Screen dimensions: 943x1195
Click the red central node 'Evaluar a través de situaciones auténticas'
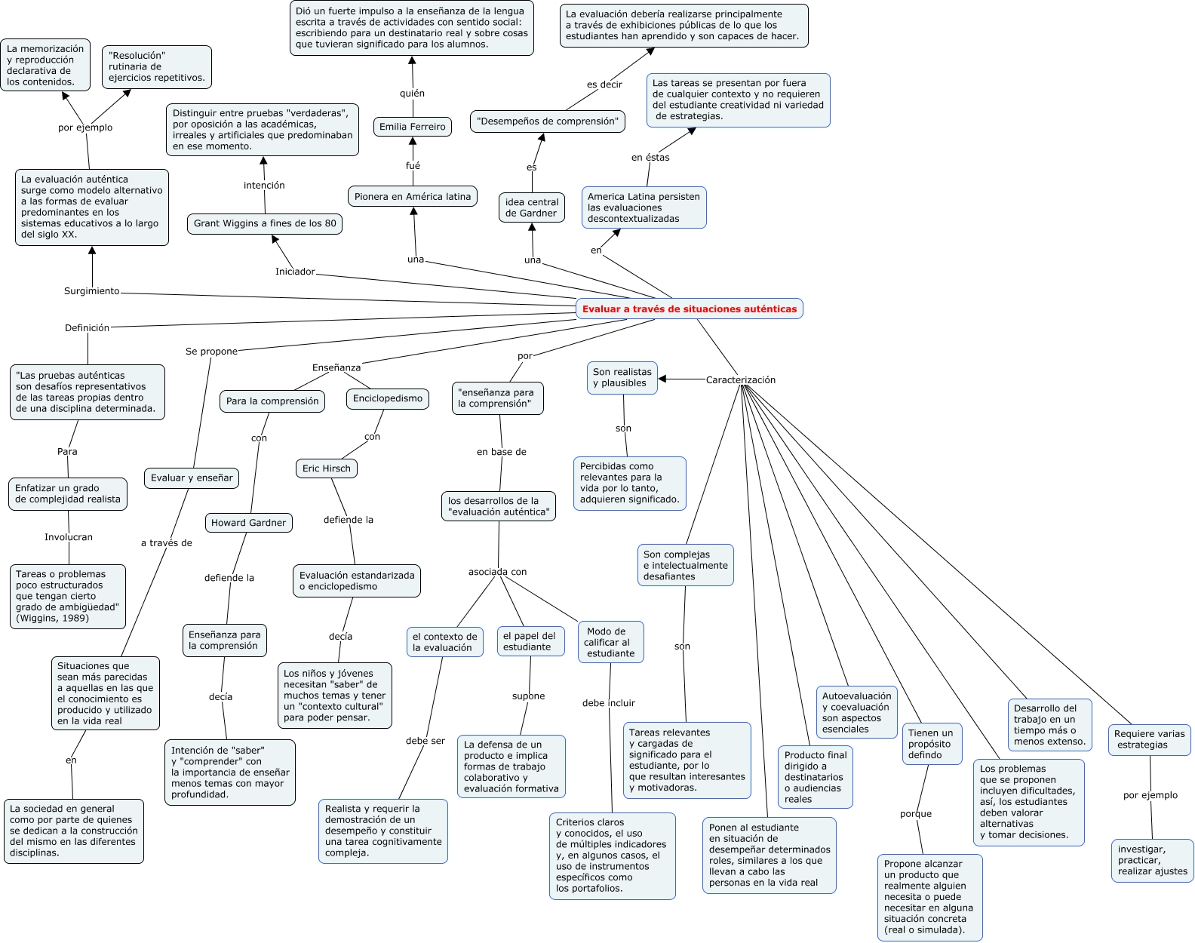pyautogui.click(x=689, y=309)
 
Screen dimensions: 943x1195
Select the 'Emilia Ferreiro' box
pyautogui.click(x=413, y=127)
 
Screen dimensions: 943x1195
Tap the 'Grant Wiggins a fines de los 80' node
pyautogui.click(x=265, y=223)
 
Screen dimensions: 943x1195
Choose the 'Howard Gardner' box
pyautogui.click(x=248, y=523)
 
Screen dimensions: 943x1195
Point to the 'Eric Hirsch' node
pyautogui.click(x=327, y=468)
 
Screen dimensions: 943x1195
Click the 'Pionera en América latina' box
pyautogui.click(x=413, y=197)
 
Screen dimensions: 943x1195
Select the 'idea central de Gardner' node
pyautogui.click(x=532, y=207)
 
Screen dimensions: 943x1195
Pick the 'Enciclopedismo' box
pyautogui.click(x=388, y=398)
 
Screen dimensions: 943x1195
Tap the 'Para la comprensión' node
pyautogui.click(x=272, y=401)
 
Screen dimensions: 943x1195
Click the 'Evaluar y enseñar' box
pyautogui.click(x=192, y=478)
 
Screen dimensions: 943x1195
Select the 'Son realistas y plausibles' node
pyautogui.click(x=622, y=377)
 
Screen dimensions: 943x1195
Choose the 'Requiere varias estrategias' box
pyautogui.click(x=1150, y=739)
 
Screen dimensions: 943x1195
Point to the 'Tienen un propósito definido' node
pyautogui.click(x=930, y=744)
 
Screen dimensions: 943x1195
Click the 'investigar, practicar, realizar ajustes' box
pyautogui.click(x=1152, y=860)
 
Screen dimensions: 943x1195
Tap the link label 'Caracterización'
pyautogui.click(x=740, y=379)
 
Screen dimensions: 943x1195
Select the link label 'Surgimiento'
pyautogui.click(x=91, y=291)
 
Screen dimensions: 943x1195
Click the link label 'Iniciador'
pyautogui.click(x=295, y=272)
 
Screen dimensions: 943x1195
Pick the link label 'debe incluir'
pyautogui.click(x=608, y=703)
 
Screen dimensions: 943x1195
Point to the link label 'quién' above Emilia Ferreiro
pyautogui.click(x=412, y=94)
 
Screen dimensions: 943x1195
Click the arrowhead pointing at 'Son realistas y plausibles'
pyautogui.click(x=662, y=379)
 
